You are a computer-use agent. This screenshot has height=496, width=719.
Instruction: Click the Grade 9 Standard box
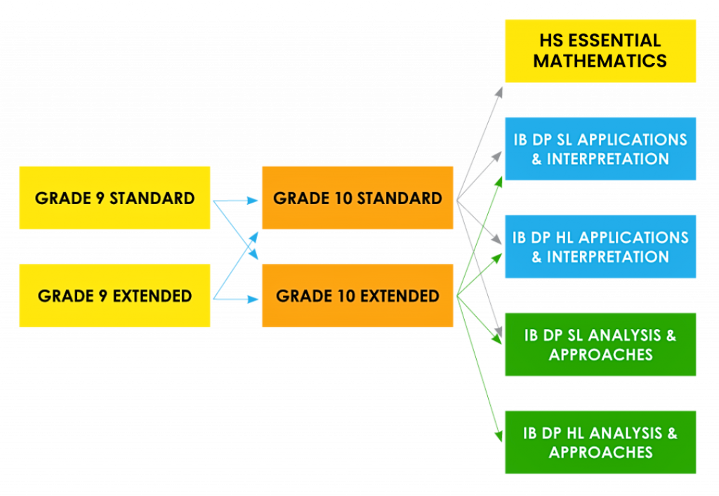[x=114, y=198]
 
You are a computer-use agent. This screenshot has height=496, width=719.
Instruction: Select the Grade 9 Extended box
[x=114, y=295]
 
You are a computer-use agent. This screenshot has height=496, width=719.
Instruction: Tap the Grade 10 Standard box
[x=357, y=198]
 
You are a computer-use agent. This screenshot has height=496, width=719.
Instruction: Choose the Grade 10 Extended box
[x=357, y=295]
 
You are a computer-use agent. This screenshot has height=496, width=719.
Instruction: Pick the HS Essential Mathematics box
[x=600, y=51]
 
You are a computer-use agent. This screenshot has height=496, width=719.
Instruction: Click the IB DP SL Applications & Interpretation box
[x=600, y=149]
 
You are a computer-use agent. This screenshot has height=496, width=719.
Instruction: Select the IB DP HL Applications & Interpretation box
[x=600, y=246]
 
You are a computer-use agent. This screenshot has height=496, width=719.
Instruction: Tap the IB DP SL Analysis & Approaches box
[x=600, y=344]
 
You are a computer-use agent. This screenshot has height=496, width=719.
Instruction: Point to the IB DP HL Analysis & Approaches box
[x=600, y=442]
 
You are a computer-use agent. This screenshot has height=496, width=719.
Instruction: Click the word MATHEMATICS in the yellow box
[x=600, y=61]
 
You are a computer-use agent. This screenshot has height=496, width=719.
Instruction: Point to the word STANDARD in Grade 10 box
[x=400, y=198]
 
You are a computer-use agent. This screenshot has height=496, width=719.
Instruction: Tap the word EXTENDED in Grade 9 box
[x=152, y=295]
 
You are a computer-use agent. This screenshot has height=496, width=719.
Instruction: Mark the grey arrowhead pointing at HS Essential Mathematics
[x=499, y=91]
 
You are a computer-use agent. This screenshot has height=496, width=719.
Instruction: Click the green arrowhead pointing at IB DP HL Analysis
[x=499, y=437]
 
